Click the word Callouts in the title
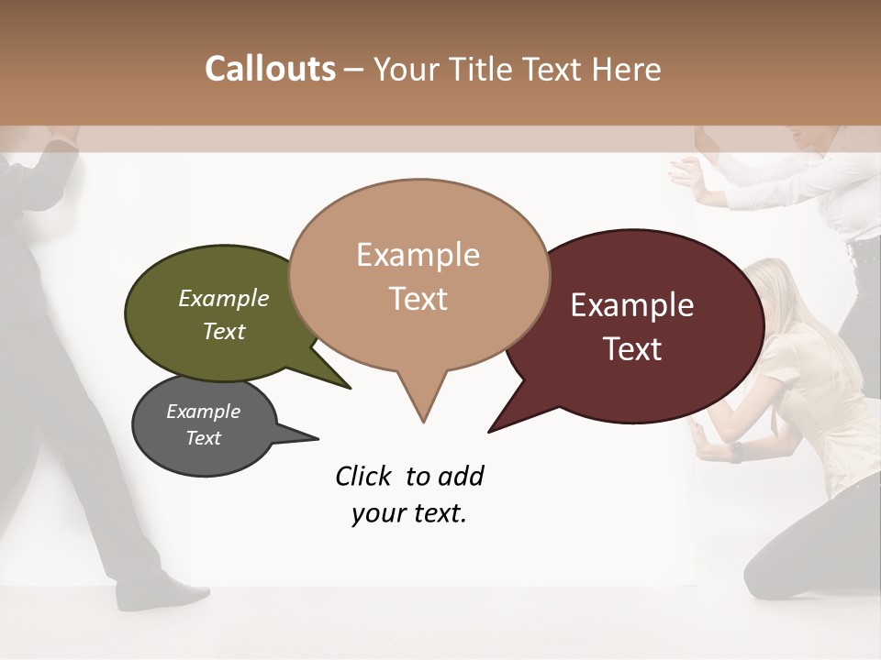pyautogui.click(x=270, y=69)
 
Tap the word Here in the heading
pyautogui.click(x=627, y=69)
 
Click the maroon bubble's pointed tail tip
pyautogui.click(x=490, y=431)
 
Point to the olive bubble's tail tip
pyautogui.click(x=350, y=388)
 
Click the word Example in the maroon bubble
pyautogui.click(x=632, y=305)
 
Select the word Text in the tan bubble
pyautogui.click(x=418, y=299)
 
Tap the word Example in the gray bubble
pyautogui.click(x=204, y=412)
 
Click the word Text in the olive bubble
pyautogui.click(x=224, y=331)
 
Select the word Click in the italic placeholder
pyautogui.click(x=364, y=476)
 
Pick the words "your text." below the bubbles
pyautogui.click(x=409, y=513)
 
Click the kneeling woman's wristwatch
pyautogui.click(x=736, y=452)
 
